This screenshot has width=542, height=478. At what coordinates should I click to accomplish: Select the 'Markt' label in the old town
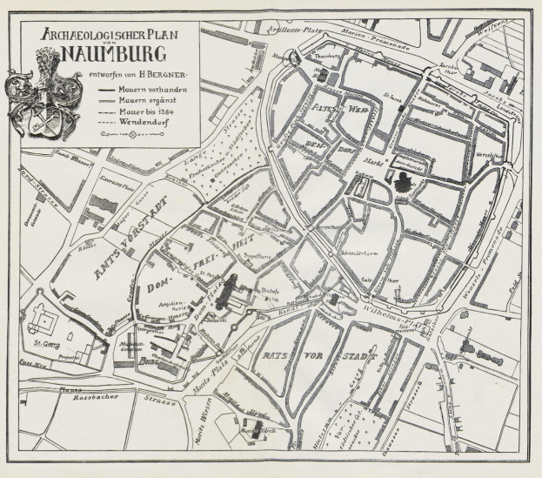[x=372, y=159]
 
